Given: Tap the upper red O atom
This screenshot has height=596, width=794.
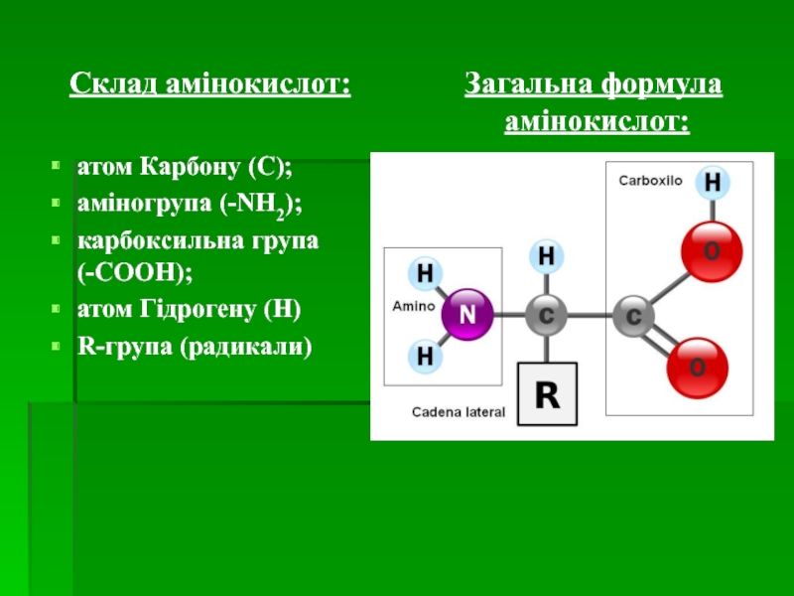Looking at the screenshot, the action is click(712, 252).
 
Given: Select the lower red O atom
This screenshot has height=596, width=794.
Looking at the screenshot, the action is click(697, 369).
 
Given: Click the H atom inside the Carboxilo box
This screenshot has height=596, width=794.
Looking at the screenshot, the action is click(712, 184).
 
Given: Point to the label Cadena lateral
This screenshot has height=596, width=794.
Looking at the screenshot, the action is click(459, 411).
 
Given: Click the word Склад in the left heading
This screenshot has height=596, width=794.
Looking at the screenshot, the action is click(109, 85).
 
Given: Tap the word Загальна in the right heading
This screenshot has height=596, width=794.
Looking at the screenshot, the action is click(527, 85).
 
